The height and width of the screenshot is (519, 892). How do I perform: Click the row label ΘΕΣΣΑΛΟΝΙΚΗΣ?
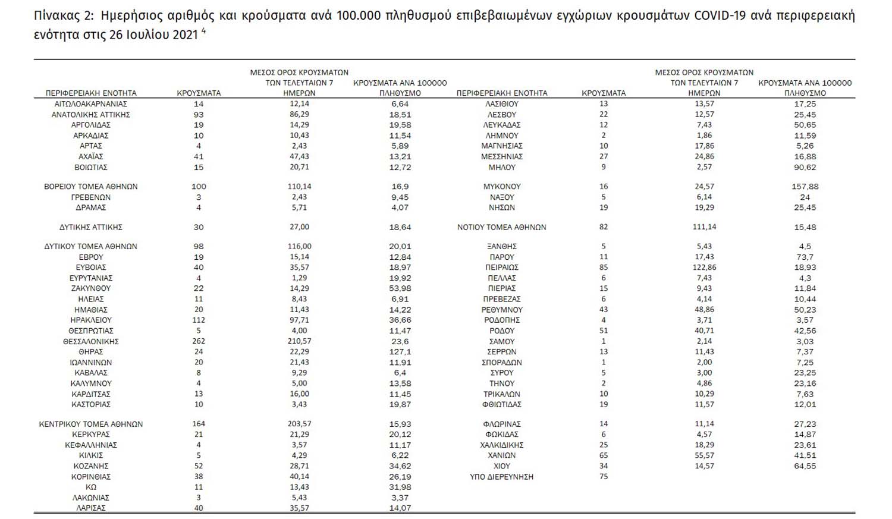[x=91, y=341]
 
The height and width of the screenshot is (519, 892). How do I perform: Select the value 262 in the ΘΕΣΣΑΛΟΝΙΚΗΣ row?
[x=199, y=341]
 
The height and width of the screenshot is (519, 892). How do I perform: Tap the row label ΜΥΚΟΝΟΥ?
[x=502, y=187]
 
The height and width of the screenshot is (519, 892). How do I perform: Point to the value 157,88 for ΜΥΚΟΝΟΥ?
[x=805, y=187]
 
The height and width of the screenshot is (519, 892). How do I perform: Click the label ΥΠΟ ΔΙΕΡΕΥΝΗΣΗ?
[x=502, y=477]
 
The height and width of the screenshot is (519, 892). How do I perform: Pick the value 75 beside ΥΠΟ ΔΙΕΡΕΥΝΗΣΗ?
[x=604, y=477]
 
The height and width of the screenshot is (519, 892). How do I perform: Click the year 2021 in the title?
[x=185, y=34]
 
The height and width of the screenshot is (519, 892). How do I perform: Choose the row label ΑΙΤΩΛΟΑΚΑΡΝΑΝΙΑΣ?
[x=91, y=103]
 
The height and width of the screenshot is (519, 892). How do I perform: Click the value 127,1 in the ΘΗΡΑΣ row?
[x=400, y=352]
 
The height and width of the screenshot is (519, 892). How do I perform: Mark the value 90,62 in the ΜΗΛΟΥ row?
[x=805, y=168]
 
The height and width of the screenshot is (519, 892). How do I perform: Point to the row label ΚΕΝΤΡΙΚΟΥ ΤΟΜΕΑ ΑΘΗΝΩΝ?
[x=91, y=424]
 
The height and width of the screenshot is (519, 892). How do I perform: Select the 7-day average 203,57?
[x=299, y=424]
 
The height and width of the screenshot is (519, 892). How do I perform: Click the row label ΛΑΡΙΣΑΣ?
[x=91, y=508]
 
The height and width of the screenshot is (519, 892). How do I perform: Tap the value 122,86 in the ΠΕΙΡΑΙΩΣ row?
[x=704, y=268]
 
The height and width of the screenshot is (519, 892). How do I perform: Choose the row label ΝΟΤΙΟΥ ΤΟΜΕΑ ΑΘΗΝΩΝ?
[x=502, y=227]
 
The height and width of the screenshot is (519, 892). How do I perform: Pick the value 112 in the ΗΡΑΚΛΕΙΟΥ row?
[x=199, y=320]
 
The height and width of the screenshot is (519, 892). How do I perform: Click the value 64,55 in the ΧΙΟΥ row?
[x=805, y=466]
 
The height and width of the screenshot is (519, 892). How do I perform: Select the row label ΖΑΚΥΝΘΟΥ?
[x=91, y=288]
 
